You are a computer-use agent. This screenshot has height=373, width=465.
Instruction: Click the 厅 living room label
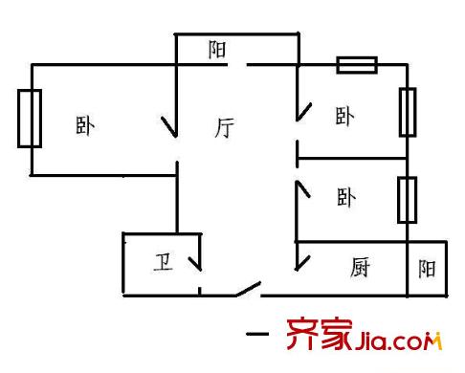tap(224, 127)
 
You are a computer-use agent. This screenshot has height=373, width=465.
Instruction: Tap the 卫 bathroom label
tap(164, 262)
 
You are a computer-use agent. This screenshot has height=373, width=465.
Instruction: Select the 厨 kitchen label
tap(360, 267)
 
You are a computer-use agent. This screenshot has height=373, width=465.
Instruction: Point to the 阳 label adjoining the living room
tap(217, 50)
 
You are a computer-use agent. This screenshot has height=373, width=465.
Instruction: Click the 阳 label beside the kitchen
tap(427, 269)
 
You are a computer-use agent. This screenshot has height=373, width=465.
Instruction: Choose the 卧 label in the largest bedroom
tap(85, 126)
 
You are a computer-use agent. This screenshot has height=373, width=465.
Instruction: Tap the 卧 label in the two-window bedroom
tap(344, 116)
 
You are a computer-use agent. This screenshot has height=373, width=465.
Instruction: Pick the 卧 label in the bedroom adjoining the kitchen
tap(346, 197)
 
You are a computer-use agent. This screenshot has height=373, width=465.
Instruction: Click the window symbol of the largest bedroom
tap(30, 119)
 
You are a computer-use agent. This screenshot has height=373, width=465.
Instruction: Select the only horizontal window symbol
tap(357, 65)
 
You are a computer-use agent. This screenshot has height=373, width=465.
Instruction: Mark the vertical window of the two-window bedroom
tap(408, 112)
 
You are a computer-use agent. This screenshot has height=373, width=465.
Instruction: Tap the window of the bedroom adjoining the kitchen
tap(408, 200)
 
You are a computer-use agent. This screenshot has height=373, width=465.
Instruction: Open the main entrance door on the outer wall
tap(248, 289)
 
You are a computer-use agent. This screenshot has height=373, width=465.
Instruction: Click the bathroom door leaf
tap(195, 264)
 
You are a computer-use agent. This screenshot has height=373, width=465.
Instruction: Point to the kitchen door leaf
tap(303, 263)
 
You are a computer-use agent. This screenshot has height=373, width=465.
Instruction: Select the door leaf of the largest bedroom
tap(168, 127)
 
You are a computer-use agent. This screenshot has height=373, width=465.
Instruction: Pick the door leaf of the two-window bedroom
tap(304, 112)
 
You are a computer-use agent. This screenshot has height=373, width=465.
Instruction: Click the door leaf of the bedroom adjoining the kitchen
tap(303, 189)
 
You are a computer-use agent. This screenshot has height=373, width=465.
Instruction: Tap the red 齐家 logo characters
tap(320, 334)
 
